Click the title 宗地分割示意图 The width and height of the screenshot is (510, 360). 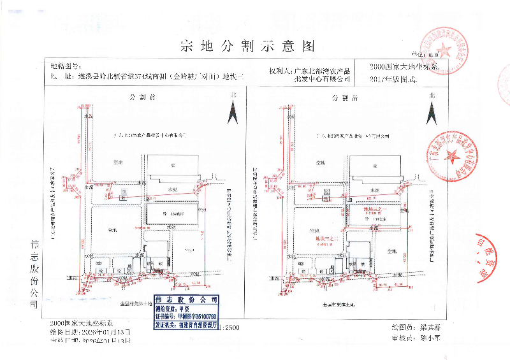click(248, 46)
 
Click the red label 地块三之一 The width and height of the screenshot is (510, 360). click(372, 210)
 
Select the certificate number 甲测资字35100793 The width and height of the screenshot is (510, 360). click(197, 315)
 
